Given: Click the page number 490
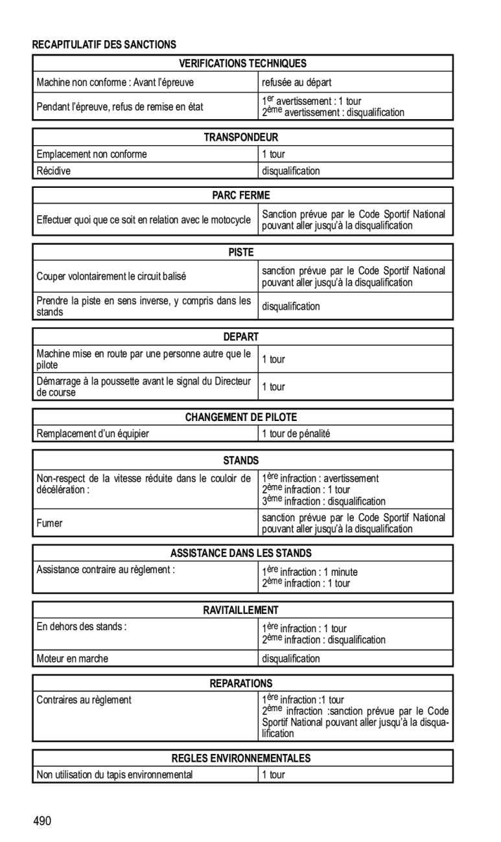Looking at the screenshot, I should point(43,821).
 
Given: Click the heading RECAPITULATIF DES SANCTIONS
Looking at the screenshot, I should point(104,45).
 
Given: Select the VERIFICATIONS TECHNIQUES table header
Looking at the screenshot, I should point(242,63).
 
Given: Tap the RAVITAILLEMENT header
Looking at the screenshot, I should point(242,610).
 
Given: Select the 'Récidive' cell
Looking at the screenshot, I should point(54,171).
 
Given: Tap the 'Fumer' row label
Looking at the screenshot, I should point(50,523).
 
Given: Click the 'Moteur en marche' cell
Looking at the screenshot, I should point(73,659).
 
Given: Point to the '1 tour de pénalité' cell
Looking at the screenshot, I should point(296,434).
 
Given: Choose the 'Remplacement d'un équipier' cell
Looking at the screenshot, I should point(93,434).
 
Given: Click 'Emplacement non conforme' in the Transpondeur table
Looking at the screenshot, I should point(92,154).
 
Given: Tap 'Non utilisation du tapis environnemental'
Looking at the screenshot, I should point(115,775).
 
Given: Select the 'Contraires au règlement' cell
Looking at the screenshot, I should point(84,700).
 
